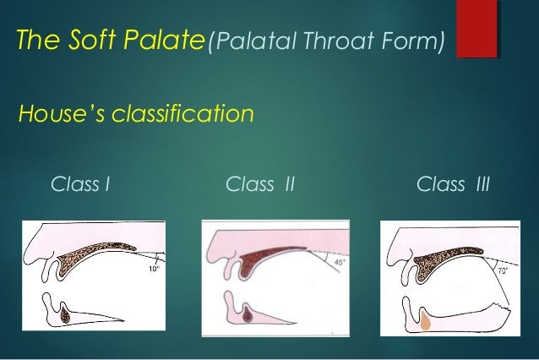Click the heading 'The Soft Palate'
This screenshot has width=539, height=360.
coord(106,39)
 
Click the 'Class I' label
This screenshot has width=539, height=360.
coord(81,183)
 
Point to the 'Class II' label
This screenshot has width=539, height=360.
coord(260,183)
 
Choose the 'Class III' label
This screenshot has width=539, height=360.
coord(454,183)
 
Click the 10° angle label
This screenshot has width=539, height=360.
coord(152,269)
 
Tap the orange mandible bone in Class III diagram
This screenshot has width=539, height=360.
coord(427,319)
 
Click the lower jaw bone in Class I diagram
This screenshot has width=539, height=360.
coord(68,316)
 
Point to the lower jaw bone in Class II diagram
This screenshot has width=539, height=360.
coord(248,316)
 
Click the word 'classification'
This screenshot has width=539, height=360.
coord(179,112)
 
